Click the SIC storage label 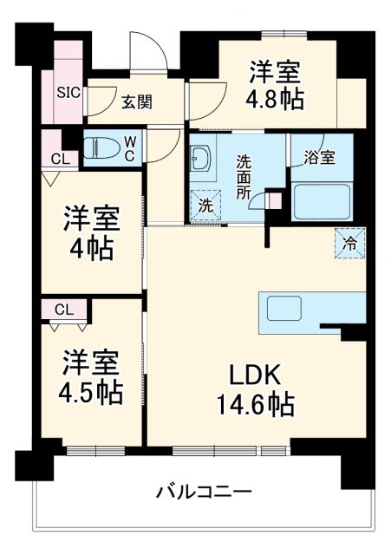pyautogui.click(x=68, y=91)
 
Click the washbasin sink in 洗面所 pyautogui.click(x=199, y=159)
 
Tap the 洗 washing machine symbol pyautogui.click(x=205, y=206)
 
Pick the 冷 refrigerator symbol pyautogui.click(x=351, y=243)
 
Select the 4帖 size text pyautogui.click(x=90, y=249)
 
